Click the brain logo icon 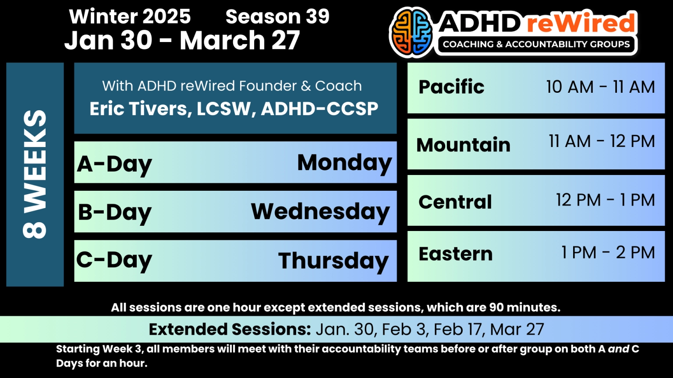411,32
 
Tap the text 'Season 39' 277,17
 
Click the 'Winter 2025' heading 130,17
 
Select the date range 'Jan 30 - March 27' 182,40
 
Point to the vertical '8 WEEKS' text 35,174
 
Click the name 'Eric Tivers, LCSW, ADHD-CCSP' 234,108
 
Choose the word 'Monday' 344,163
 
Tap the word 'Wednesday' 320,212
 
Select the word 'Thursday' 333,261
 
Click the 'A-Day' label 114,164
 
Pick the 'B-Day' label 115,213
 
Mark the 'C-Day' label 114,260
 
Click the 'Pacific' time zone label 451,87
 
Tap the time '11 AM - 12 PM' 602,141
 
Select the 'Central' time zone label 455,202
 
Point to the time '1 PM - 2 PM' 608,252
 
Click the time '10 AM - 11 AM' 600,87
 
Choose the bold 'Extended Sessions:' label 230,329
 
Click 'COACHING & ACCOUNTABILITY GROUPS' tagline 536,44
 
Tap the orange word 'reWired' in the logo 581,23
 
